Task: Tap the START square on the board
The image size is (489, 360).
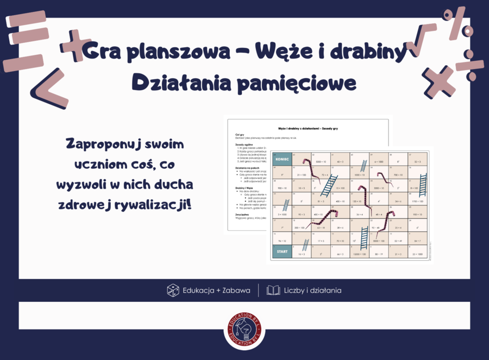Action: (281, 252)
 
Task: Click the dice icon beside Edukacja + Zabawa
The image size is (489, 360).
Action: (173, 290)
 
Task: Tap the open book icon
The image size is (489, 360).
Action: (273, 290)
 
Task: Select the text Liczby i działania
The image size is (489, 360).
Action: (312, 290)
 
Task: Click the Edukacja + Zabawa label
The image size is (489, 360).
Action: (216, 290)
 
